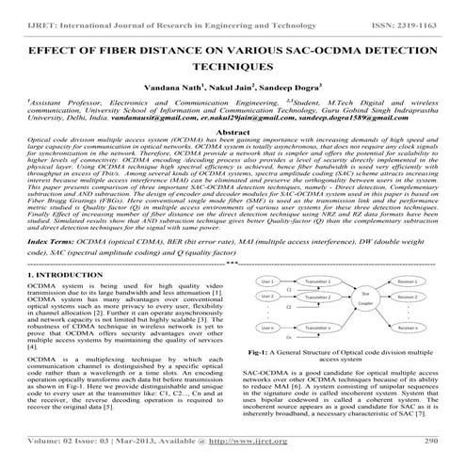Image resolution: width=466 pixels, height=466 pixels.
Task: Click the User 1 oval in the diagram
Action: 267,281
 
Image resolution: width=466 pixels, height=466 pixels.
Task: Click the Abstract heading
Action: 233,135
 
